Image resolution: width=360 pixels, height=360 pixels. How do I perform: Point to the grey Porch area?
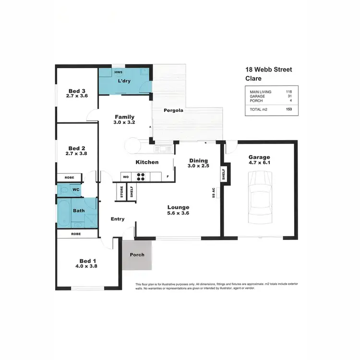137,255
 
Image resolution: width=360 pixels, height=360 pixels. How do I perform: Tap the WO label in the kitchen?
126,177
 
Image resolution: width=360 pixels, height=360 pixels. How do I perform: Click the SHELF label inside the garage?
224,174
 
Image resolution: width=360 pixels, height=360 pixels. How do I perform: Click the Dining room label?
198,161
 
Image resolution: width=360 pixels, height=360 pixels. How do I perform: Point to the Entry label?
118,219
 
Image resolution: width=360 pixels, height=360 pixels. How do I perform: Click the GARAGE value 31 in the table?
288,96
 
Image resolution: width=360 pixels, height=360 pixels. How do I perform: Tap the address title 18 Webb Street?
268,70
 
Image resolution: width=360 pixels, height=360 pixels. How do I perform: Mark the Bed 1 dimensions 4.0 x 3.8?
86,265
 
